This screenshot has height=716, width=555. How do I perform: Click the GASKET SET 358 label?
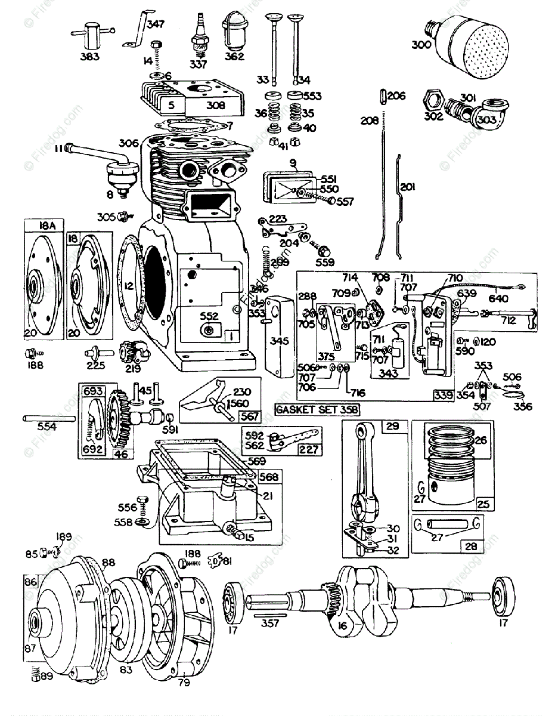pyautogui.click(x=317, y=410)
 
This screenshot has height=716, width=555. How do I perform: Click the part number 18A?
pyautogui.click(x=46, y=226)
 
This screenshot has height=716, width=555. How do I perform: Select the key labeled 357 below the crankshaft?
pyautogui.click(x=269, y=614)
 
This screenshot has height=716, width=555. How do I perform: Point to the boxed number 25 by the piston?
pyautogui.click(x=483, y=505)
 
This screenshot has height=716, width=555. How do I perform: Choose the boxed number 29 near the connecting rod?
pyautogui.click(x=392, y=426)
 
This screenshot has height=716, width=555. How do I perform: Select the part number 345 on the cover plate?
pyautogui.click(x=279, y=341)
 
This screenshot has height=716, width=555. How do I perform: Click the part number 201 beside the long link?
pyautogui.click(x=408, y=187)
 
